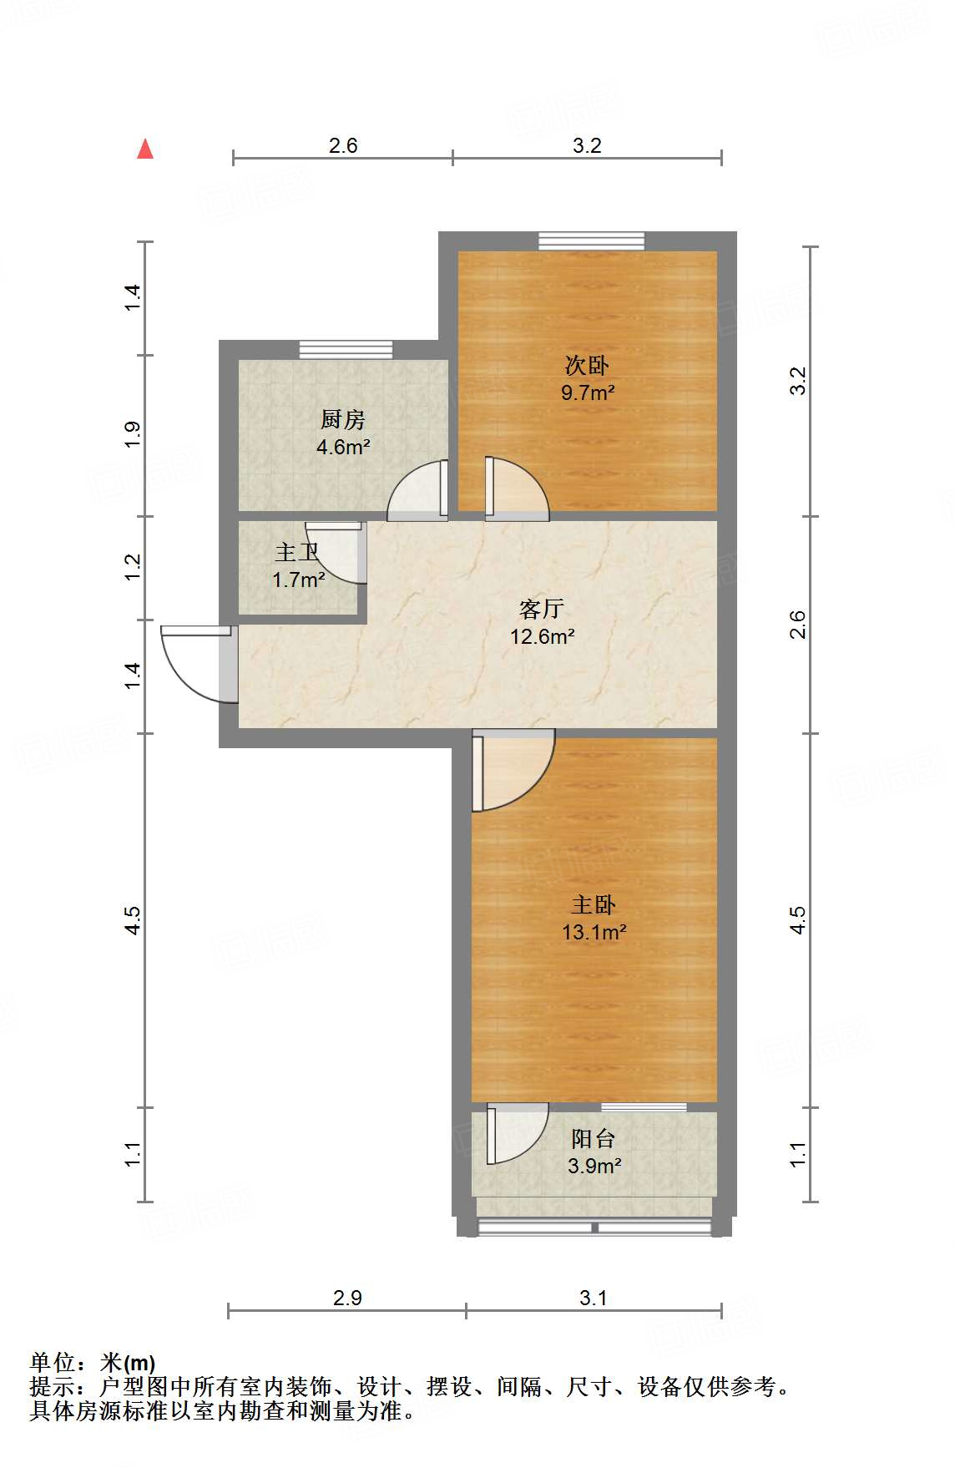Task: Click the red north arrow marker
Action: (145, 149)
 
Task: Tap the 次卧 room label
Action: (587, 365)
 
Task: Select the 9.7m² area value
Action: (588, 392)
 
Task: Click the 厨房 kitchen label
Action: (342, 419)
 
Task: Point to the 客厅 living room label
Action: (541, 609)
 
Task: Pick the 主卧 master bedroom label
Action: (594, 904)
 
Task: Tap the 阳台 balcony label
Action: (594, 1138)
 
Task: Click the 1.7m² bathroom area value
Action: (298, 580)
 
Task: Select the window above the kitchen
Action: (346, 349)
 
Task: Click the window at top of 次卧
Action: (591, 240)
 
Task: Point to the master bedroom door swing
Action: (512, 770)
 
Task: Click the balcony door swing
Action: (518, 1133)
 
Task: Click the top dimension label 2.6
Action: (342, 145)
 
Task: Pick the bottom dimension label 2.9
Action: (347, 1298)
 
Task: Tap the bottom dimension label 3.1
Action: (594, 1298)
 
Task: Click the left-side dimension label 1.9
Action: (133, 435)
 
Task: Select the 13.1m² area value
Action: (594, 933)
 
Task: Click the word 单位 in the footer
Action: (53, 1363)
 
